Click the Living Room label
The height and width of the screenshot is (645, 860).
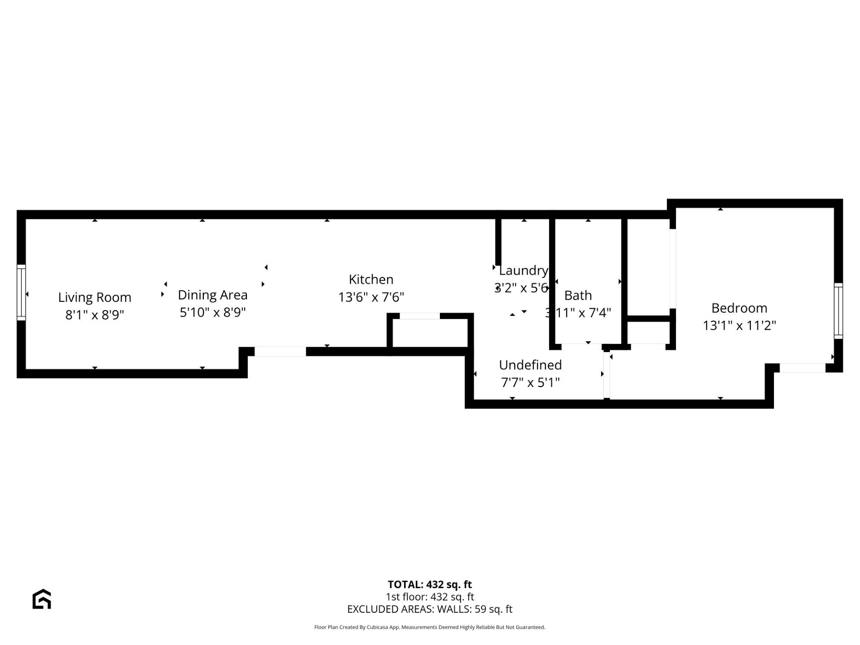(95, 297)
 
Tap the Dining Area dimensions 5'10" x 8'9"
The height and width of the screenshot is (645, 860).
(212, 312)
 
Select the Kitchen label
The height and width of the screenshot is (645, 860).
(371, 279)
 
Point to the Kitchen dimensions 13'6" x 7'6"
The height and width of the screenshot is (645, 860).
(371, 297)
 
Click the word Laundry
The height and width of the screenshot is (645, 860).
(523, 271)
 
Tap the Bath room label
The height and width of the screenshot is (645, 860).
(578, 296)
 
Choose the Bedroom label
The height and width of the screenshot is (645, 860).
(739, 308)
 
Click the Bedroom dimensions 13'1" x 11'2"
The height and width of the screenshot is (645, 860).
(739, 325)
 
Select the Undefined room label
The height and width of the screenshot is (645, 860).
(530, 365)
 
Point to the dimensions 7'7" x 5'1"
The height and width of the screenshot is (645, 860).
(530, 383)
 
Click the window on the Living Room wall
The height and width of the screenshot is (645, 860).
(21, 292)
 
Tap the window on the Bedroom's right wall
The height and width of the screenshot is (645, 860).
(838, 311)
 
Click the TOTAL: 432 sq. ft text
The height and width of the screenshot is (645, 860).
(430, 585)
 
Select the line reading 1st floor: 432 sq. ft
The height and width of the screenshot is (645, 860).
(430, 597)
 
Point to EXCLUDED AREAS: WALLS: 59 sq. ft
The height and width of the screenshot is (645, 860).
(430, 609)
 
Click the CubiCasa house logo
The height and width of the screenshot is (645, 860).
(42, 599)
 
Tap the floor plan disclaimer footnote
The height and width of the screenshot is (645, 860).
(430, 627)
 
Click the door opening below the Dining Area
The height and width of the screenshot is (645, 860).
(280, 352)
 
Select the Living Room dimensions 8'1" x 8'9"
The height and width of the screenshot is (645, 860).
(95, 315)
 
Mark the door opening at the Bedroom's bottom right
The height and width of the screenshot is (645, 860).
(802, 368)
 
